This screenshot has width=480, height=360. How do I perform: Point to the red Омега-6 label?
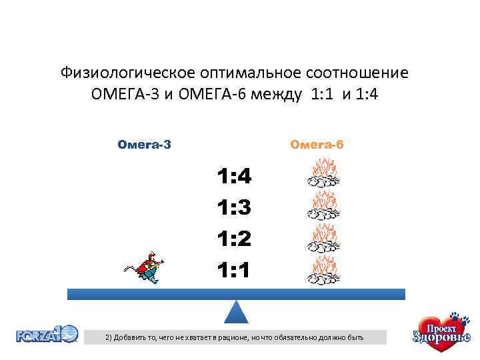[x=316, y=145]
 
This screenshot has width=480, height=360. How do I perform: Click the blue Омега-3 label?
[x=144, y=145]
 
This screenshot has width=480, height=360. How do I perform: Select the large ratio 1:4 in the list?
[x=233, y=177]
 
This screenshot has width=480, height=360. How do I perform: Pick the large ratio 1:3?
[x=233, y=208]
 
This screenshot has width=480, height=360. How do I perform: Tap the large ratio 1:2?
[x=233, y=239]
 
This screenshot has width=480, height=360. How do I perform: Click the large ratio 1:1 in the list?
[x=233, y=270]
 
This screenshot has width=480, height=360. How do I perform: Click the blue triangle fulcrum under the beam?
[x=236, y=312]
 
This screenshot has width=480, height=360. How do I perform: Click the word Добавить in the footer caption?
[x=131, y=338]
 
